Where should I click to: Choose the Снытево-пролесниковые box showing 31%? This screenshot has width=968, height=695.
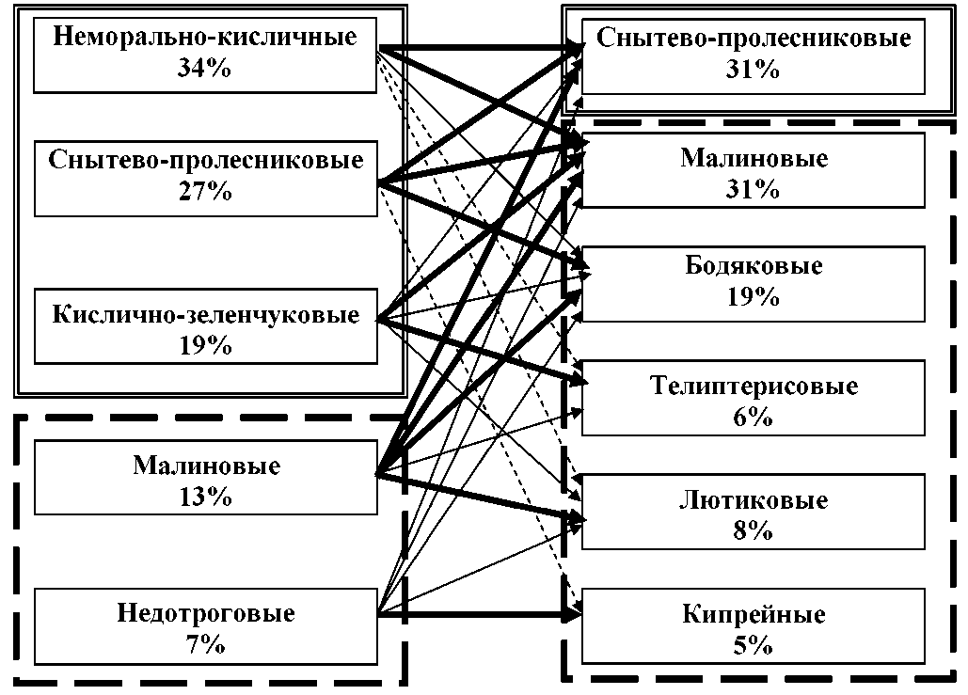coord(754,55)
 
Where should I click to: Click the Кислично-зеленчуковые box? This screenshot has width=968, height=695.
coord(205,326)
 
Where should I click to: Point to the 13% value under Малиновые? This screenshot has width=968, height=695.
coord(205,497)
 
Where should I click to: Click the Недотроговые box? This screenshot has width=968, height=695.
coord(205,627)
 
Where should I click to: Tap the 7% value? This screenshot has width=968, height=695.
coord(205,644)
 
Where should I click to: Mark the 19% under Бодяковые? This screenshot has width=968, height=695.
coord(754,298)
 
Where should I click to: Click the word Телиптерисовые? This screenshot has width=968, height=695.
coord(754,386)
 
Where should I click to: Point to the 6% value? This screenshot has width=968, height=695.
coord(754,416)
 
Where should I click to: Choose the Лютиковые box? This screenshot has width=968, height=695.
coord(754,513)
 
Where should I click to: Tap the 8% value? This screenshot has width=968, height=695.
coord(754,530)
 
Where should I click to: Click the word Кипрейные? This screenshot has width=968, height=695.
coord(754,615)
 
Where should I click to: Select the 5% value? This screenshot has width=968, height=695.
coord(754,645)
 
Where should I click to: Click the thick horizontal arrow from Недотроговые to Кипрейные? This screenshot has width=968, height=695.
coord(480,617)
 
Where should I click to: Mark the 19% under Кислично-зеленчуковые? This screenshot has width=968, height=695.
coord(205,344)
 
